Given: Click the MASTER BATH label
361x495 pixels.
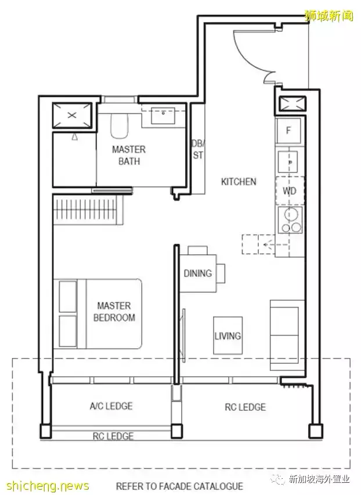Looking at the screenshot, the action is coord(129,155).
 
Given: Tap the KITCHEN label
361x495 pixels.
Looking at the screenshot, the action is coord(239,182).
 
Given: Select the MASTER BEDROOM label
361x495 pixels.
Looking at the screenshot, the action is coord(114,312).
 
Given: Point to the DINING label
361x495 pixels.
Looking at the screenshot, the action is coord(198,273).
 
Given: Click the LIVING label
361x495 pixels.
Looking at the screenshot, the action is coord(228,335).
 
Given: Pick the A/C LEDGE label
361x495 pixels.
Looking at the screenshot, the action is coord(111,406).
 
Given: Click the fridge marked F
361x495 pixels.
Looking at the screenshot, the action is coord(288,131).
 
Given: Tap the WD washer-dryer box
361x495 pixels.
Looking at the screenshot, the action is coord(290,191).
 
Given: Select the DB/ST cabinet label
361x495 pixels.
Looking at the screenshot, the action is coord(198,150).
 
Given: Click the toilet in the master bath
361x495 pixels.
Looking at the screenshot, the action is coord(120,126).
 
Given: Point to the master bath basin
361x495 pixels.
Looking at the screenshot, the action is coord(163,116).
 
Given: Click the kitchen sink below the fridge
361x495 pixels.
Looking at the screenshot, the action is coord(288,162).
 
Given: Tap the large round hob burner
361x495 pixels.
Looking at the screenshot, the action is coord(291,214).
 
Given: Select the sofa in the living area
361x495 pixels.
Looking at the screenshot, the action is coord(285,335).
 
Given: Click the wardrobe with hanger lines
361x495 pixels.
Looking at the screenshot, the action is coord(88,209).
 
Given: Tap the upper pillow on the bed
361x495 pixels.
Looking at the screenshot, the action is coord(68,297).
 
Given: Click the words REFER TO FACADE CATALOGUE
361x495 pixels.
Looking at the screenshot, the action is coord(179,486).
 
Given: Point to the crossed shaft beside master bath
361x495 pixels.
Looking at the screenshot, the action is coord(72,115).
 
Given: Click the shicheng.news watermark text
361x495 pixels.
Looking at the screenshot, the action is coord(48,486).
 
